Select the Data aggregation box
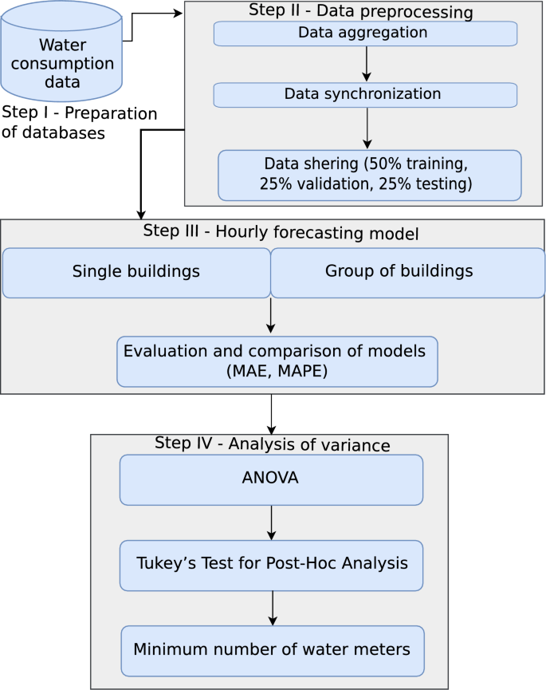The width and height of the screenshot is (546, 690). coord(365,34)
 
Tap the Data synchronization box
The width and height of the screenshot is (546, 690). coord(365,95)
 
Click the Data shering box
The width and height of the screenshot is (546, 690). coord(369,175)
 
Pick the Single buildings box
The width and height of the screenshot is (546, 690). coord(136,272)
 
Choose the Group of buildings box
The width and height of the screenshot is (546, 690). coord(407,272)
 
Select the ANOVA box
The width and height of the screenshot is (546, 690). coord(271,479)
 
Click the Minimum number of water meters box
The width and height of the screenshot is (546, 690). coord(272,650)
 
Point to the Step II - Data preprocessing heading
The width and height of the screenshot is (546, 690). coord(361,12)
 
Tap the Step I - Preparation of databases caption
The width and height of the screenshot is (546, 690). coord(79,123)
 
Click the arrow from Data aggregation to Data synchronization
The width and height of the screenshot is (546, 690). coord(367,64)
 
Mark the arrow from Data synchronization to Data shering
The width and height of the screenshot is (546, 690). coord(367,128)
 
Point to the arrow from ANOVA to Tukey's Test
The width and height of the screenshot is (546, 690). coord(272,522)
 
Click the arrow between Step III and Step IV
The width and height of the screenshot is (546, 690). coord(272,414)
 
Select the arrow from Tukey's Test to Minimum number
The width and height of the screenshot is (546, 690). coord(273,608)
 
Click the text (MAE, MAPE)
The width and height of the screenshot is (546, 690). coord(275,371)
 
